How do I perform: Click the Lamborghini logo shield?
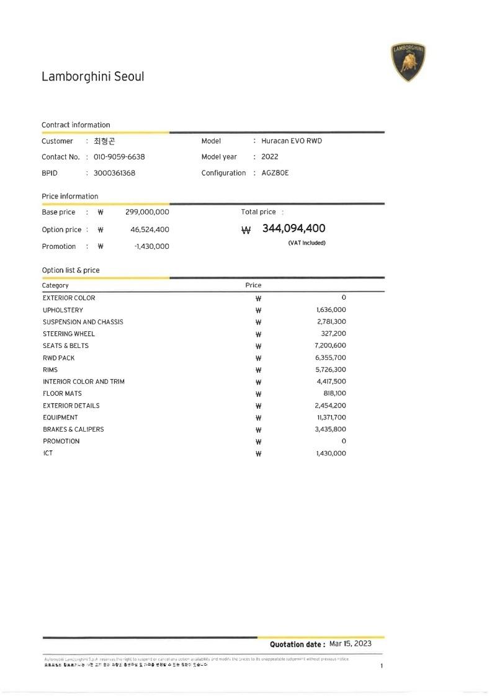[x=408, y=63]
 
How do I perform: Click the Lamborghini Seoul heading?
[x=92, y=77]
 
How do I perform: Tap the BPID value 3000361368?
[x=114, y=173]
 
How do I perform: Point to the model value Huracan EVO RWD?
[x=292, y=141]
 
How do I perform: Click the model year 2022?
[x=270, y=157]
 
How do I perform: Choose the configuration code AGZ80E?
[x=275, y=173]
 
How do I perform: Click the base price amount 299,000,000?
[x=147, y=212]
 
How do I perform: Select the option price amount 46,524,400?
[x=150, y=230]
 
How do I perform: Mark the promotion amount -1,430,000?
[x=151, y=246]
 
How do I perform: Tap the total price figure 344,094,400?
[x=293, y=229]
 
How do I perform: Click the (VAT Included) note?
[x=306, y=243]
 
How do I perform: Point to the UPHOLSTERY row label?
[x=63, y=310]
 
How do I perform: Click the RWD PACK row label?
[x=58, y=358]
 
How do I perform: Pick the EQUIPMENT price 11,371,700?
[x=331, y=417]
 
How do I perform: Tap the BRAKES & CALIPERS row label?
[x=73, y=429]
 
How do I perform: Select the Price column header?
[x=253, y=285]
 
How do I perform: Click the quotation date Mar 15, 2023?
[x=351, y=644]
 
